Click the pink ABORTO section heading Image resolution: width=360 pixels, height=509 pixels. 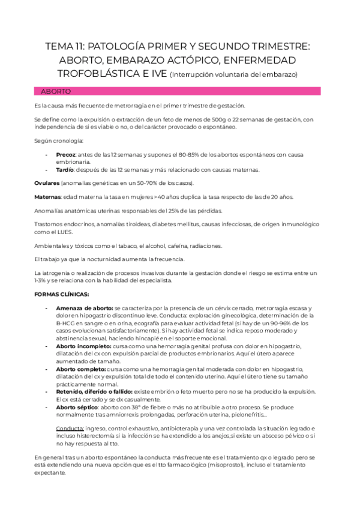coord(56,91)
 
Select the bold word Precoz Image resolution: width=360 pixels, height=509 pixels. coord(66,155)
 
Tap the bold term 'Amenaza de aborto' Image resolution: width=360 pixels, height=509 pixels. coord(83,308)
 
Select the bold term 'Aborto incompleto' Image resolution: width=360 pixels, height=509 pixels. coord(83,346)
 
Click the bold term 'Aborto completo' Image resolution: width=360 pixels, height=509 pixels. coord(80,368)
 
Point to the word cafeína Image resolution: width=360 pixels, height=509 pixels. coord(170,245)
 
